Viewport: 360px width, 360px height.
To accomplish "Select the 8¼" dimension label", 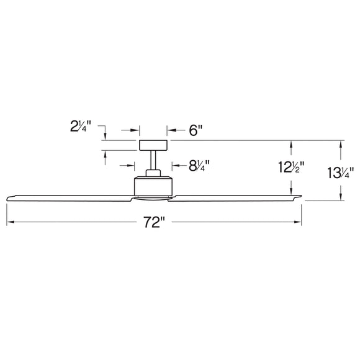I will (x=199, y=166).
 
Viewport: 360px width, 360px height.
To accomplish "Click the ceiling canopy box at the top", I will (x=153, y=146).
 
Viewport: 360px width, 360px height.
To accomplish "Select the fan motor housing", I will (x=153, y=184).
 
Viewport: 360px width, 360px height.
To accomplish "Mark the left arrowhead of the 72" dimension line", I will (x=9, y=222).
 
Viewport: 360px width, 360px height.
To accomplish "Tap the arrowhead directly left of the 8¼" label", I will (x=173, y=166).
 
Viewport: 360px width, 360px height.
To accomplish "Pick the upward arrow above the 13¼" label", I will (x=340, y=144).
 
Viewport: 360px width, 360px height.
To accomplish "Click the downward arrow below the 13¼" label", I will (x=340, y=197).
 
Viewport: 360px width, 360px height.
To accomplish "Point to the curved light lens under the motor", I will (x=153, y=198).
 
